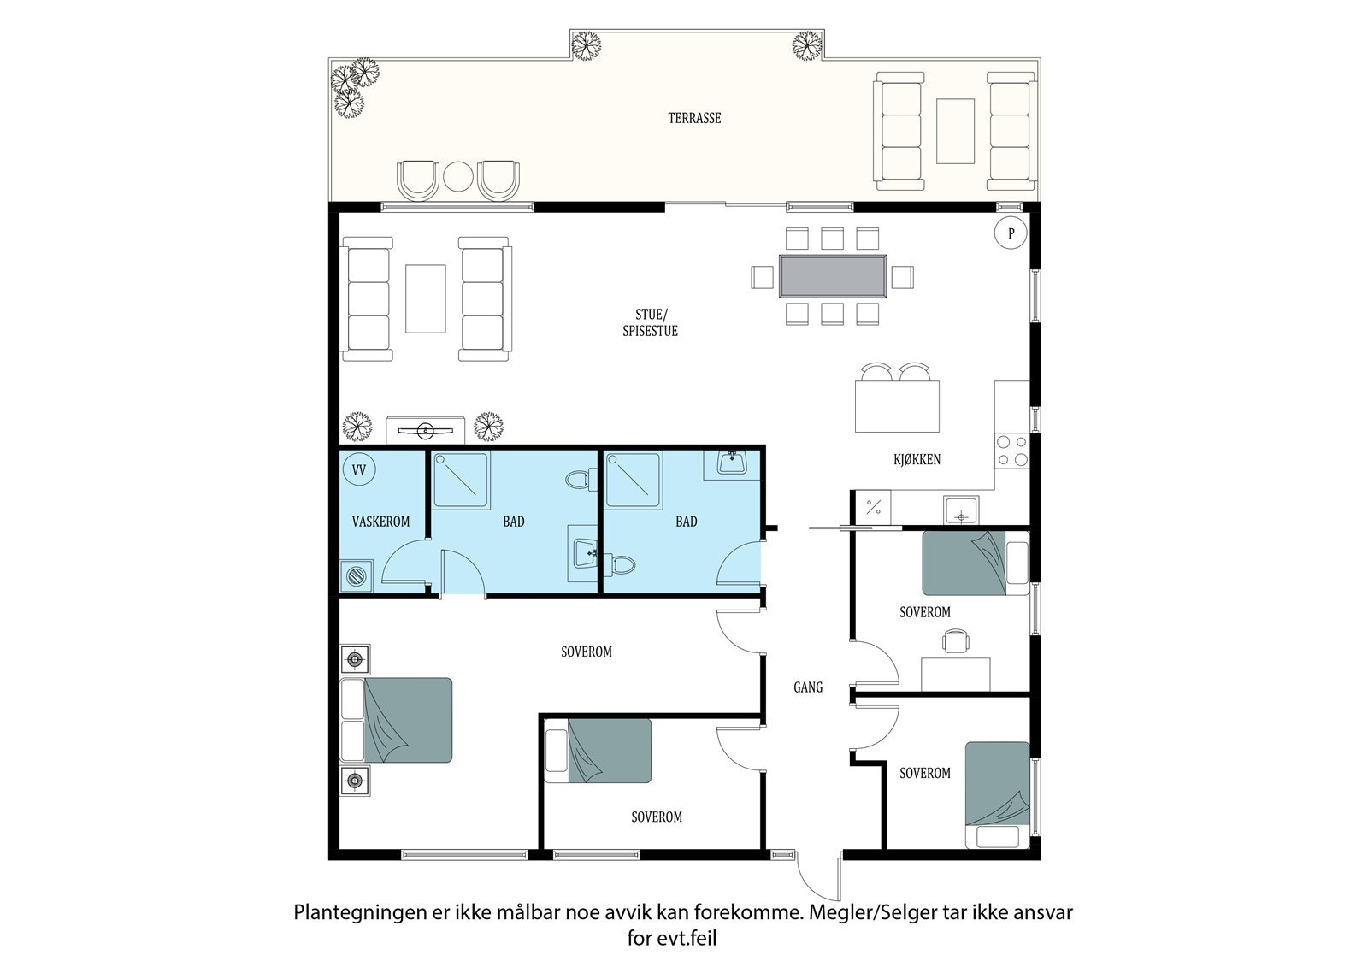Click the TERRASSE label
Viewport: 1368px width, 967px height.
tap(694, 118)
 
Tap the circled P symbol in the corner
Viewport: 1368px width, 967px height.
tap(1011, 233)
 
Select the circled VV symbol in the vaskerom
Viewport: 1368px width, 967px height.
tap(359, 470)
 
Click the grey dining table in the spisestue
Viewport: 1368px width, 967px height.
tap(832, 276)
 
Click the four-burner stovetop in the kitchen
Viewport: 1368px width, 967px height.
tap(1011, 451)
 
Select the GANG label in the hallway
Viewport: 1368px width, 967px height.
tap(808, 687)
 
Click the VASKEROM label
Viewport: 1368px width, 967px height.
tap(380, 521)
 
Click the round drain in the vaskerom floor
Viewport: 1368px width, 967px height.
tap(357, 575)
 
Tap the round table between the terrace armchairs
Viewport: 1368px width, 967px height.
tap(458, 177)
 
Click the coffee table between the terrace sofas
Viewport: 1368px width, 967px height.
tap(955, 131)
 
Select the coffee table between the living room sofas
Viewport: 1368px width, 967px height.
tap(425, 298)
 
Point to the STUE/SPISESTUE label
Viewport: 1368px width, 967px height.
tap(650, 323)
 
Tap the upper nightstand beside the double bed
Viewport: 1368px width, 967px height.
tap(355, 659)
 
